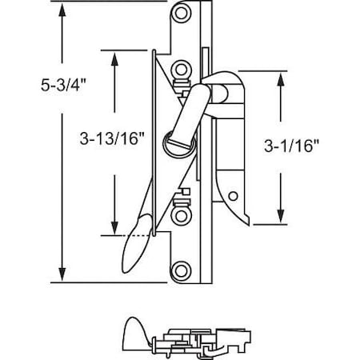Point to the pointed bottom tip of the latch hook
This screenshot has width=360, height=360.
(247, 222)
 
